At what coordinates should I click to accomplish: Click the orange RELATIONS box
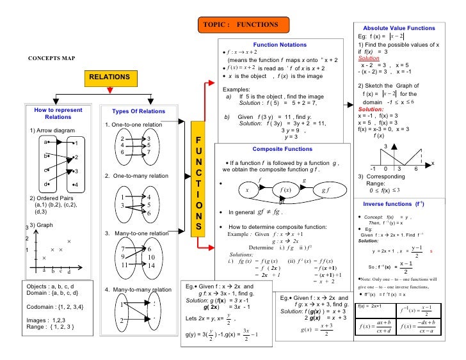tap(109, 77)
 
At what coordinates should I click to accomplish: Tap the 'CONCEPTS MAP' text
tap(51, 58)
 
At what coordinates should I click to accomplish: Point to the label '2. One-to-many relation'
tap(136, 175)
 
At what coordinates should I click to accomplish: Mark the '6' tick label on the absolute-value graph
tap(415, 168)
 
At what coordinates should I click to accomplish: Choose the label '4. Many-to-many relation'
tap(138, 290)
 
